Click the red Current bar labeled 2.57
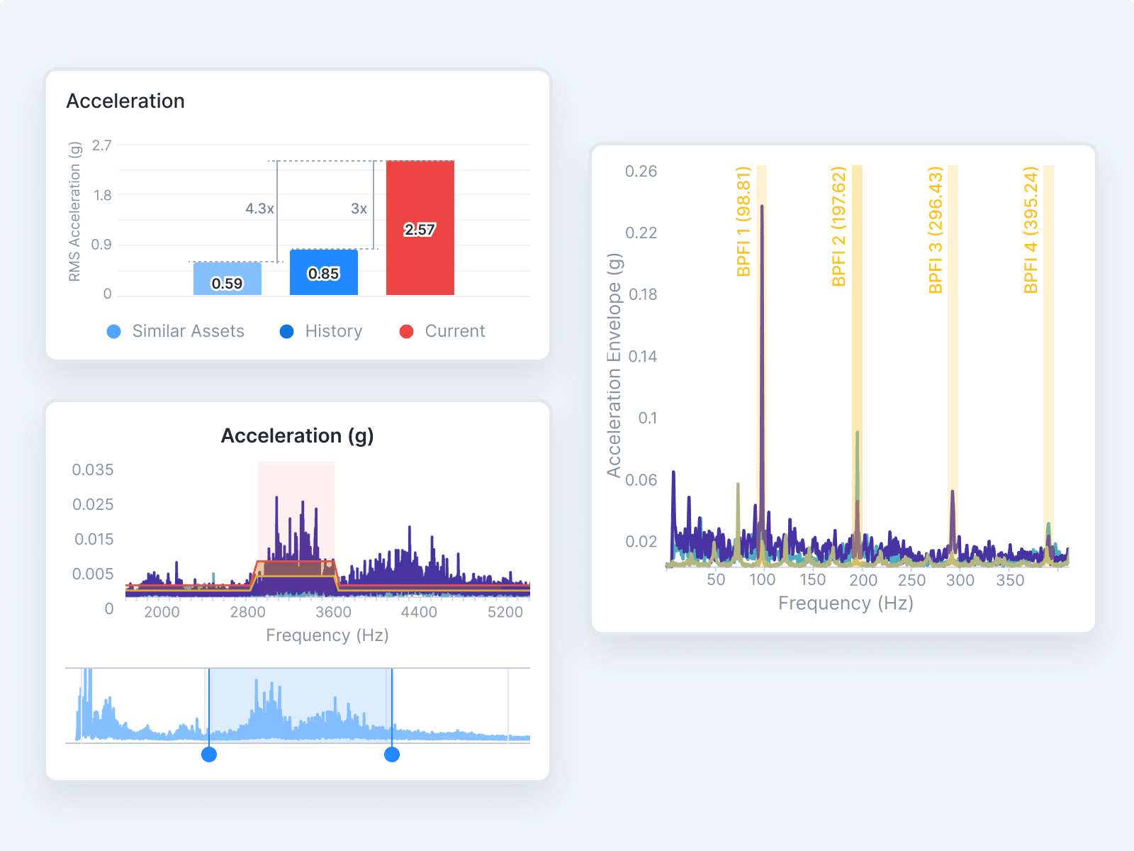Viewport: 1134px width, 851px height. [420, 228]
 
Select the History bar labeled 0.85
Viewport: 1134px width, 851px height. [323, 273]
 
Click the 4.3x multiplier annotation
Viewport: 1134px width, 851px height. [259, 208]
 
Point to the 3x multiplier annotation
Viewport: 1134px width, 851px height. [359, 208]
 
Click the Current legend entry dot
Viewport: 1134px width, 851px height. [406, 331]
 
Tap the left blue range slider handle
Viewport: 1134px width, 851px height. [209, 755]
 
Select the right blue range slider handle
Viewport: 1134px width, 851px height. [392, 755]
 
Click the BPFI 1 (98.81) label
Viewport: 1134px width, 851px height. [743, 221]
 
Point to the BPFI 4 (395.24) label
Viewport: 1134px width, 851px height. [1031, 230]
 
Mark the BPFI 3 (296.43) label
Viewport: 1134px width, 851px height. [935, 230]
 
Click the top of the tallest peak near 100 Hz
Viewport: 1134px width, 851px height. [762, 206]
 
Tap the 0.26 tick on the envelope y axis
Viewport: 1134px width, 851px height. [641, 171]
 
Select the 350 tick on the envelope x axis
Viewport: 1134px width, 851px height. [1010, 580]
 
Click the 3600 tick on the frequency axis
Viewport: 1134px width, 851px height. [333, 612]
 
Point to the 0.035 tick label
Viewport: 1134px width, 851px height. [93, 469]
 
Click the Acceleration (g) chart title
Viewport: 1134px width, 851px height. [297, 435]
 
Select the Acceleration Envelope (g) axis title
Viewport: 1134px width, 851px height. [614, 365]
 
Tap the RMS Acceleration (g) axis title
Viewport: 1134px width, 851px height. [74, 211]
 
